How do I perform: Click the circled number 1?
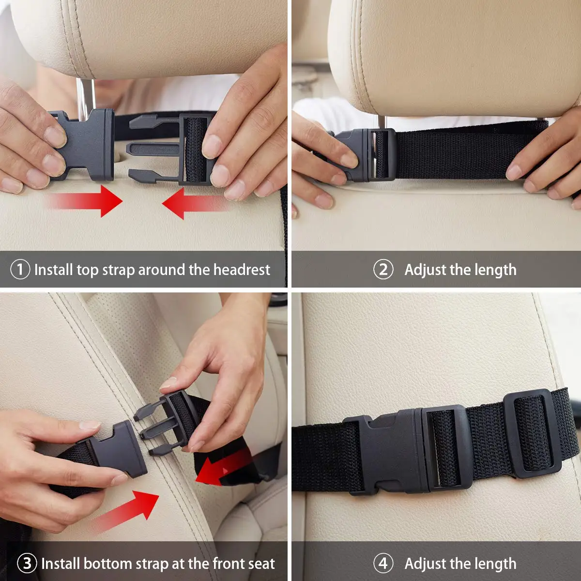[20, 269]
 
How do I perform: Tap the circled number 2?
[383, 269]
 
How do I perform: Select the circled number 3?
[27, 563]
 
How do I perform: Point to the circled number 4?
[383, 563]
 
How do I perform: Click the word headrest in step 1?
[242, 269]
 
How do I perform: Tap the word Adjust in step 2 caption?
[425, 269]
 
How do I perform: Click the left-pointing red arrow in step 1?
[194, 203]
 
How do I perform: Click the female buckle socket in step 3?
[116, 448]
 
